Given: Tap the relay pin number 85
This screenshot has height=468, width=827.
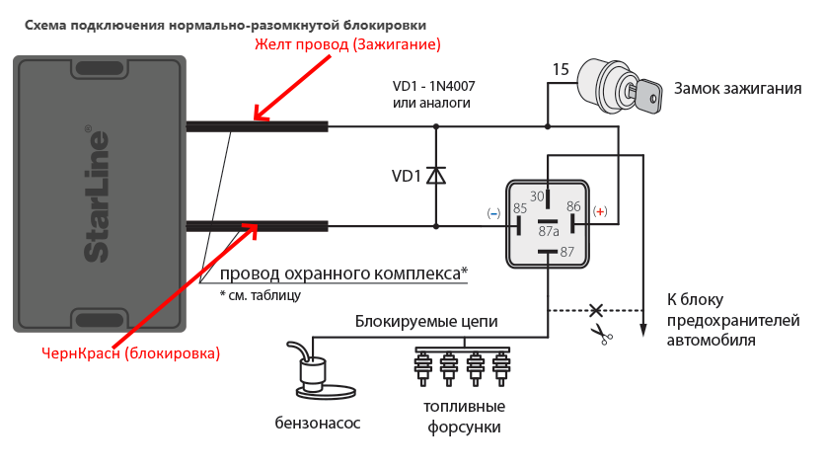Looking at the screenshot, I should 520,208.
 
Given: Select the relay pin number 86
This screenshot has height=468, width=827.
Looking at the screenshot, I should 574,206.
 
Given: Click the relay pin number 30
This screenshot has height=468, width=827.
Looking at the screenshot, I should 538,196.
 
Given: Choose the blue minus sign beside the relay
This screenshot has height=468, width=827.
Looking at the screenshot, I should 493,212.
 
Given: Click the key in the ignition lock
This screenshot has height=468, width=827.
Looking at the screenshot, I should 647,94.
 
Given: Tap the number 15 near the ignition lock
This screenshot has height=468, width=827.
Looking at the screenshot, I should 560,69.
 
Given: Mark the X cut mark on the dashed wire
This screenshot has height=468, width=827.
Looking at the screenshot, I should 595,310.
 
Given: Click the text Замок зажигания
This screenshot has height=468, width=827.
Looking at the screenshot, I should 737,89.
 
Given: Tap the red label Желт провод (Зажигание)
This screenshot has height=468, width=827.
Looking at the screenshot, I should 347,45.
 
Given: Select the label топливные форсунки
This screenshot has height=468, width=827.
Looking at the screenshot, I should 464,417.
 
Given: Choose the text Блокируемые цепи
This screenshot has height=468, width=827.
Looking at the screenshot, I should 426,322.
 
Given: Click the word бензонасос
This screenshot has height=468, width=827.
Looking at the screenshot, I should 318,423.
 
